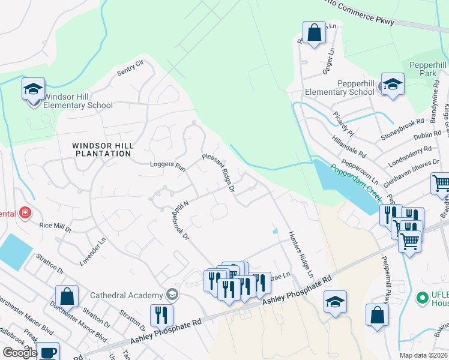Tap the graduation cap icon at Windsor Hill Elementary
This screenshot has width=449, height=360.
coord(33,90)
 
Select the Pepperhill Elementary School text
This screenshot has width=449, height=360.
coord(340,88)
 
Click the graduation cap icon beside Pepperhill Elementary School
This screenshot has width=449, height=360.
coord(393,85)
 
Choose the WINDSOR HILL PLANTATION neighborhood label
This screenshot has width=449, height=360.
coord(101,149)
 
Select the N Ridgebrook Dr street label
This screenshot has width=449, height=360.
coord(182,220)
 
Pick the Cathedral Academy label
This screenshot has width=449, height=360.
coord(127,295)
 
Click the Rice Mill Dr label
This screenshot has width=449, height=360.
coord(55,229)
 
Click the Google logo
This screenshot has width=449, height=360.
coord(20,352)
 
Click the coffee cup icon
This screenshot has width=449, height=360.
coord(47,352)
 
